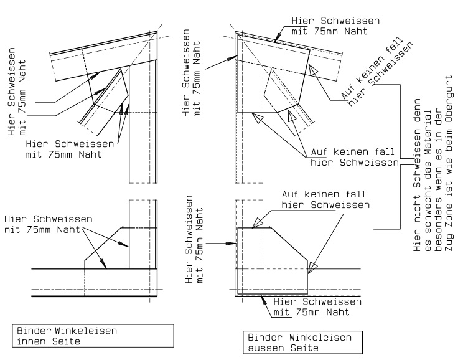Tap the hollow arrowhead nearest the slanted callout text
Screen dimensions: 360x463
tap(314, 68)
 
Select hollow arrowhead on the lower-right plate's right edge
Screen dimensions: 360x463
tap(313, 267)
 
